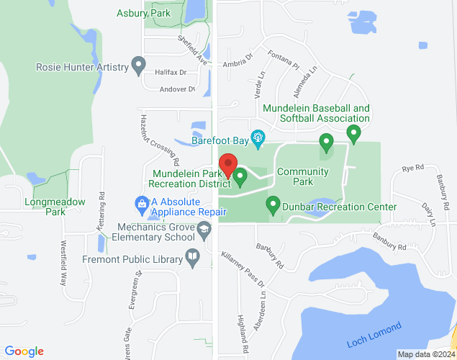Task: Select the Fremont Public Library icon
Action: [192, 257]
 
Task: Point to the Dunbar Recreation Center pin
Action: [273, 205]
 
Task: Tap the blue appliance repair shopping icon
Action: [142, 204]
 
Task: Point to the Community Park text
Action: [302, 177]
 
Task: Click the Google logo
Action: [24, 351]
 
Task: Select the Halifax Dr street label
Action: [171, 73]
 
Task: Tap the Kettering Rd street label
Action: [101, 206]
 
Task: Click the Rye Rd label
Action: [412, 168]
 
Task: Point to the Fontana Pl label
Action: [283, 59]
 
